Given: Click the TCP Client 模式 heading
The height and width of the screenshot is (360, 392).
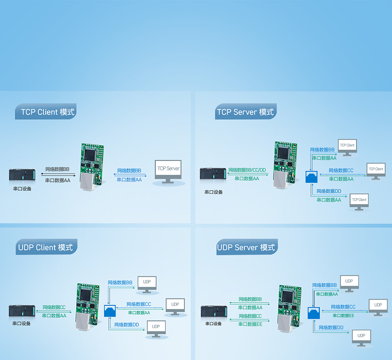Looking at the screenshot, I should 47,112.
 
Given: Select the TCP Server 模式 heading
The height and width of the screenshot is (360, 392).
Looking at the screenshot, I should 245,112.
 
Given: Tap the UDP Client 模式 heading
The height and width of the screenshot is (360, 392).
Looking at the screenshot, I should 45,247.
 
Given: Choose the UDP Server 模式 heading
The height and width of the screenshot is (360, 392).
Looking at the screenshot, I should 246,247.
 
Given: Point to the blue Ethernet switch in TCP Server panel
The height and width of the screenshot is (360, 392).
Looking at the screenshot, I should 311,177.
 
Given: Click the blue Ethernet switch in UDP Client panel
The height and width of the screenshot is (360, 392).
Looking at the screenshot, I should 110,311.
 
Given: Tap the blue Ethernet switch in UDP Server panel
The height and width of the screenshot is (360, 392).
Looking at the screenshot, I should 313,313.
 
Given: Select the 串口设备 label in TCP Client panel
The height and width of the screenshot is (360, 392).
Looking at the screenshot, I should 22,188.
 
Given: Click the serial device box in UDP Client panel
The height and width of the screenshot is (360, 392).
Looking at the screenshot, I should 21,311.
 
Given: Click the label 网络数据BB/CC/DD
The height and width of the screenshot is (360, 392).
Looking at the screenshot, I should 247,170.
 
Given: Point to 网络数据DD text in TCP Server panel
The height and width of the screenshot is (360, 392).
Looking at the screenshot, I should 329,191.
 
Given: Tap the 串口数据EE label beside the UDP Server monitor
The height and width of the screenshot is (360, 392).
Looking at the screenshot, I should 344,315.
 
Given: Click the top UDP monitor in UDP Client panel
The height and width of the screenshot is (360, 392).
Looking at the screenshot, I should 147,283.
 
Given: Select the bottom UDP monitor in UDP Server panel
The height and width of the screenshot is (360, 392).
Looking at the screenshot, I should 361,337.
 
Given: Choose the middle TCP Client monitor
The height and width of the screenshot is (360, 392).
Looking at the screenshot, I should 376,170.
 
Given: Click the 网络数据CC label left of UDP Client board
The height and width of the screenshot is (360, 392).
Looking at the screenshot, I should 54,307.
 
